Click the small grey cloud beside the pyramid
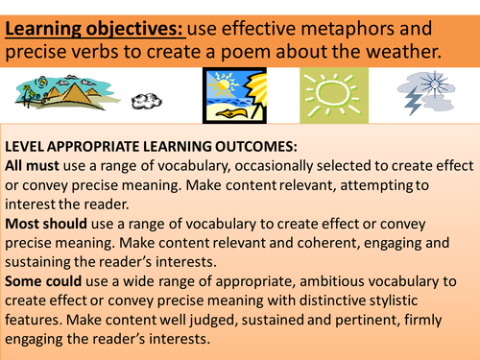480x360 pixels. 147,101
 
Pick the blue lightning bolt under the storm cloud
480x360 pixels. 413,103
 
